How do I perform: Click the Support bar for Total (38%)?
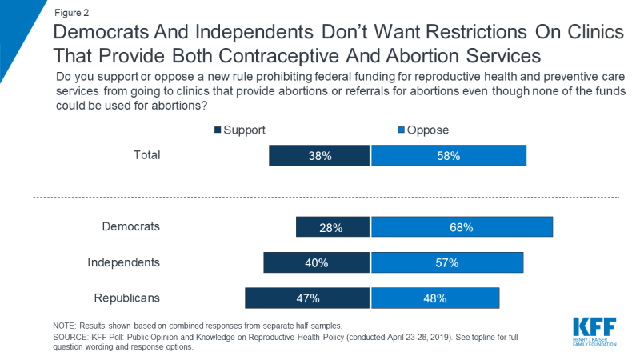click(320, 155)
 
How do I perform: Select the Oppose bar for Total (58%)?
click(449, 155)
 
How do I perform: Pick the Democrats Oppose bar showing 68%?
click(462, 226)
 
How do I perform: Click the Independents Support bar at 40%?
click(317, 262)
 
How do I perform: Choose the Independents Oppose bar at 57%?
click(447, 262)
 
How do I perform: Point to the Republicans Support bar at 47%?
click(307, 298)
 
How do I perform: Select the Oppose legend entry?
click(422, 129)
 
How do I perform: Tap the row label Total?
click(146, 154)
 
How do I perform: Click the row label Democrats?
click(131, 226)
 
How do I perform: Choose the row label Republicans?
click(127, 298)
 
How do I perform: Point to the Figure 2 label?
click(71, 13)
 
